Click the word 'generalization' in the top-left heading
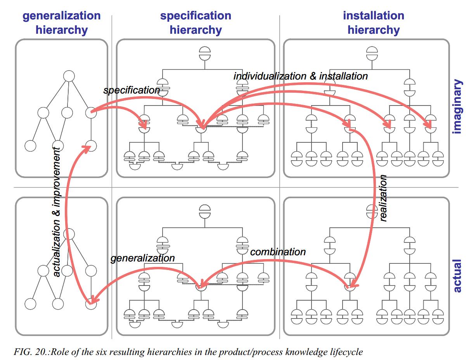click(x=62, y=16)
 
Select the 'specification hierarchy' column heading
click(x=196, y=22)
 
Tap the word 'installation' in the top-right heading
click(x=373, y=16)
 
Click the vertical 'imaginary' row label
click(x=457, y=107)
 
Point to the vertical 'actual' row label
click(x=457, y=275)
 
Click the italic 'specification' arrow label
click(x=132, y=90)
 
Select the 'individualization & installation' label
click(x=301, y=76)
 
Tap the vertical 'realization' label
click(x=383, y=198)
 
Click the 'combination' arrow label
click(x=278, y=252)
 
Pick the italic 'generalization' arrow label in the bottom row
click(x=142, y=258)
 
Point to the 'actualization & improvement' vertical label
click(x=57, y=211)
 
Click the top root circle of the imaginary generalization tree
click(x=69, y=76)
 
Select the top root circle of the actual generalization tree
click(x=69, y=234)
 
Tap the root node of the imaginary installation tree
click(x=372, y=53)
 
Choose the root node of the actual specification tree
click(x=204, y=211)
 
